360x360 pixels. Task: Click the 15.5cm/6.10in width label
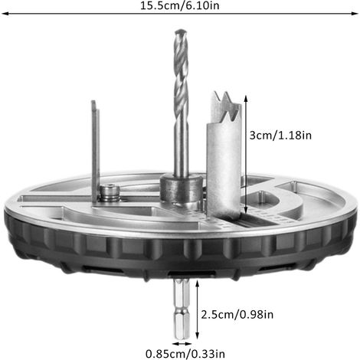[x=180, y=5]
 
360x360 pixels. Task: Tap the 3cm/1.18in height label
[x=280, y=135]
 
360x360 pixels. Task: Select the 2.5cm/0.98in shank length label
[x=237, y=314]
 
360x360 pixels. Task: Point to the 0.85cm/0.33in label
[x=185, y=354]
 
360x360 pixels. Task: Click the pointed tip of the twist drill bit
[x=181, y=31]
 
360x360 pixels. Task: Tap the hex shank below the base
[x=182, y=309]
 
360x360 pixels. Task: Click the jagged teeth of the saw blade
[x=226, y=106]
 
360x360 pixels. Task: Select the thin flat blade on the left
[x=96, y=151]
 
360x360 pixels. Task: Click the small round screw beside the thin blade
[x=110, y=193]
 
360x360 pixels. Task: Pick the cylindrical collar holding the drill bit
[x=182, y=188]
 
